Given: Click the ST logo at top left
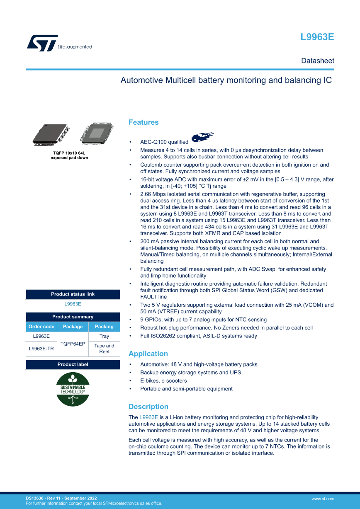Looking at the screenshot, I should pos(42,43).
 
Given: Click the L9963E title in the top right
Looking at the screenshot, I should pos(317,37).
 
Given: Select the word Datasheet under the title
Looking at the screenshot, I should pos(317,61).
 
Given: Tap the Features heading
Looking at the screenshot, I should pos(144,122).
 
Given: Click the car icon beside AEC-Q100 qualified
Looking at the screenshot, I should pos(202,137).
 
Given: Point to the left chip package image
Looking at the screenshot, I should pos(50,134).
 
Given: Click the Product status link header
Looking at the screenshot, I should pos(73,294).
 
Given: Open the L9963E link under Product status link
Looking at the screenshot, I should pos(73,304).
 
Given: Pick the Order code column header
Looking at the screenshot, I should pos(41,327).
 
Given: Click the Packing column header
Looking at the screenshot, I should pos(104,327).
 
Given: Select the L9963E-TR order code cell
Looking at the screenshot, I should pos(41,349).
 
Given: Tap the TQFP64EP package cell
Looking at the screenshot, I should pos(73,344).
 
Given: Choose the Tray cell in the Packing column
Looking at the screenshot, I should pos(104,337).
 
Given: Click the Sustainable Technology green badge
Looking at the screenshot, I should pos(73,389).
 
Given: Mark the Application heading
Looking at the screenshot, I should pos(148,354).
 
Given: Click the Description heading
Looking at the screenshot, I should pos(148,407).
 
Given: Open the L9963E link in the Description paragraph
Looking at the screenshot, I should pos(149,417).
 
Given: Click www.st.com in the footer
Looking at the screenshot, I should pos(323,499).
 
